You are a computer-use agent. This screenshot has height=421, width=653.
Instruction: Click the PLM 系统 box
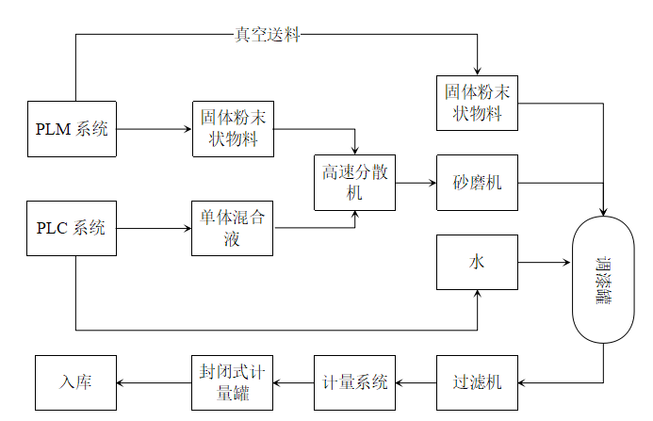click(x=72, y=128)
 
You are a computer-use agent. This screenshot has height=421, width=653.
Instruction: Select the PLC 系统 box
click(x=72, y=227)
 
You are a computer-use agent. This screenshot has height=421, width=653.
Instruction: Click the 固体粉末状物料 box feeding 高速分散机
click(x=232, y=128)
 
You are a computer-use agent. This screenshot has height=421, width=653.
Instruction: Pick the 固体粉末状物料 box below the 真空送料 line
click(x=478, y=103)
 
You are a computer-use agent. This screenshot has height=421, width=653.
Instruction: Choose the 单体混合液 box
click(x=232, y=227)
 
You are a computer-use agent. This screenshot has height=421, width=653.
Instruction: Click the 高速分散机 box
click(x=354, y=183)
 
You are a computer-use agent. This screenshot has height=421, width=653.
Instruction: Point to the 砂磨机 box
click(x=477, y=182)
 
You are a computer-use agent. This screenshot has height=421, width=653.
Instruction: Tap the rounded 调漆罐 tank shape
click(x=603, y=278)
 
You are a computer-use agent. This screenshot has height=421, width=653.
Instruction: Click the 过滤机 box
click(x=477, y=382)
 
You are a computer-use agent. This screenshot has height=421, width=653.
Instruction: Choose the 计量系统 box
click(x=354, y=382)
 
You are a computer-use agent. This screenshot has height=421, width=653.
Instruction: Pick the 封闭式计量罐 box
click(x=232, y=382)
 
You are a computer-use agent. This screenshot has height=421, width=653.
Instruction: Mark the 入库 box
click(x=75, y=382)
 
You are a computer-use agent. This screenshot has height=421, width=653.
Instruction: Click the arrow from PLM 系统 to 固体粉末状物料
click(x=154, y=128)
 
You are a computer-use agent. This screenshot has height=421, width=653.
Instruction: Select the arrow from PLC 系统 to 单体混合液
click(x=154, y=227)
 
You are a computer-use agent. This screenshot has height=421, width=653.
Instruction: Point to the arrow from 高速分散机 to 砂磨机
click(x=415, y=182)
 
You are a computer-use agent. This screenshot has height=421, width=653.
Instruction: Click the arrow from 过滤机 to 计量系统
click(x=415, y=382)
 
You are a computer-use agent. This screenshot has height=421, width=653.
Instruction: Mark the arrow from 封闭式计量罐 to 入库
click(x=154, y=382)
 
